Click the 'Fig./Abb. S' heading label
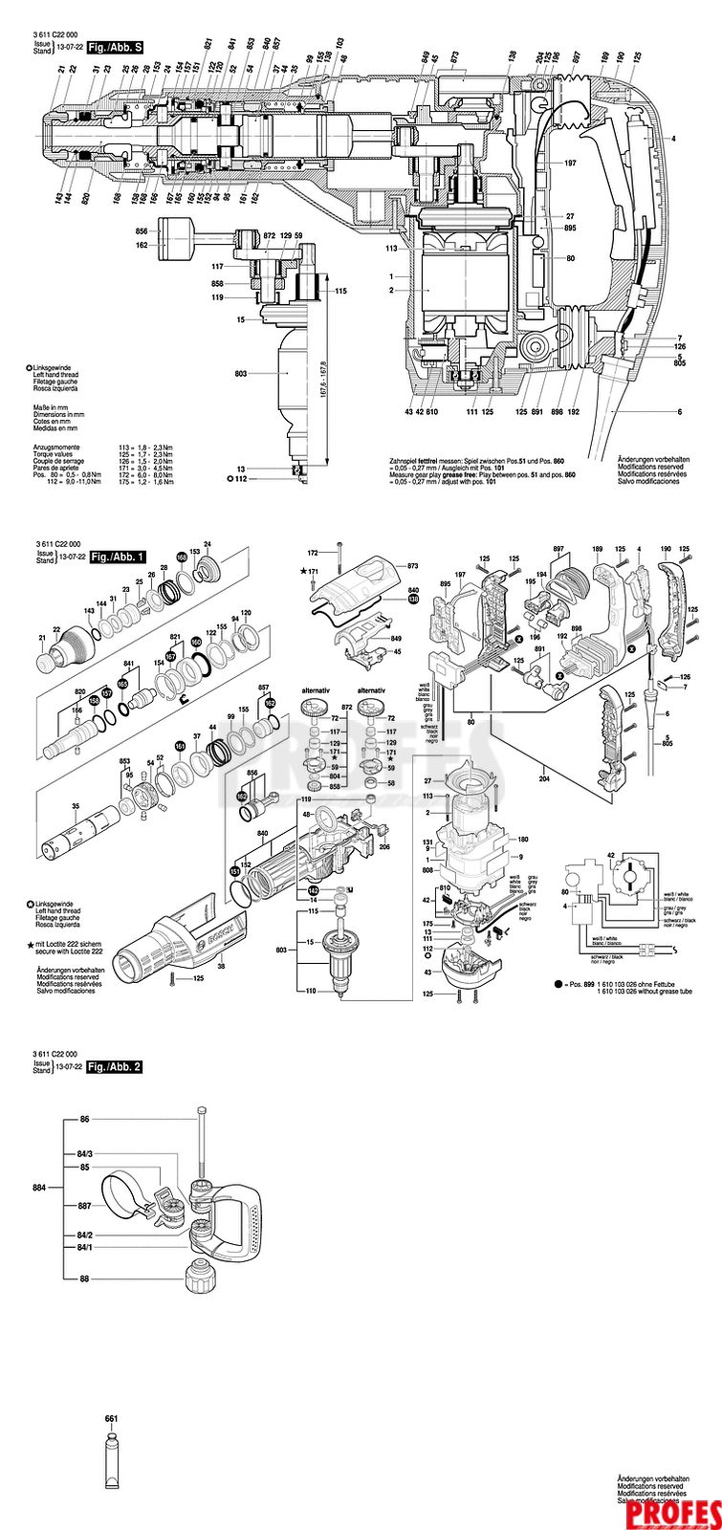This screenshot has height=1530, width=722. (x=116, y=46)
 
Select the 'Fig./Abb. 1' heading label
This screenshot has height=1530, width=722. (x=116, y=557)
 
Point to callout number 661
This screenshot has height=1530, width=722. (x=110, y=1418)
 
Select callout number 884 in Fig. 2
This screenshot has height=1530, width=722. (x=39, y=1188)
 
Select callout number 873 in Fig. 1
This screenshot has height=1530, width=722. (x=414, y=566)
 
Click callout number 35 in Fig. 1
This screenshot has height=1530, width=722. (x=76, y=806)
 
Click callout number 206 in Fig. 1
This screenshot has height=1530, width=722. (x=384, y=845)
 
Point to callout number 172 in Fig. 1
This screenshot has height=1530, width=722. (x=312, y=553)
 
